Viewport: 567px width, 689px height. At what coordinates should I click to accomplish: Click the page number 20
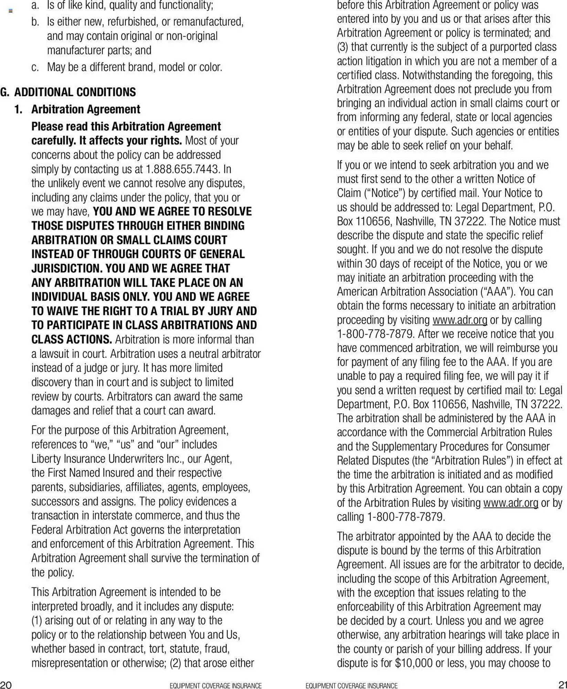(6, 684)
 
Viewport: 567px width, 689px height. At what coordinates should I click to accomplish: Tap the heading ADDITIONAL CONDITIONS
(75, 92)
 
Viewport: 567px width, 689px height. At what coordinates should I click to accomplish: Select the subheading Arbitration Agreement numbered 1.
(86, 109)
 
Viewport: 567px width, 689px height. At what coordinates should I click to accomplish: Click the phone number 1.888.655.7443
(182, 169)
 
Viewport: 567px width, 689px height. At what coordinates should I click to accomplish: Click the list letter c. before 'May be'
(35, 67)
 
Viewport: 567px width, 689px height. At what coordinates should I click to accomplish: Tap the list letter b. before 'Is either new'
(35, 22)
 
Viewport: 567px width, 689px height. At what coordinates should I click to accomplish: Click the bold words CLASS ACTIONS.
(72, 339)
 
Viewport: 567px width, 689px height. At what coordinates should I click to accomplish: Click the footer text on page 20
(216, 686)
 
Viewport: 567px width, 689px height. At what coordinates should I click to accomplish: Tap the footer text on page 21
(351, 686)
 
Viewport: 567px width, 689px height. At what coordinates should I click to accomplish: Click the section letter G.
(5, 92)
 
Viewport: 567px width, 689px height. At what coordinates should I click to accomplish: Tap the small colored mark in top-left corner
(11, 11)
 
